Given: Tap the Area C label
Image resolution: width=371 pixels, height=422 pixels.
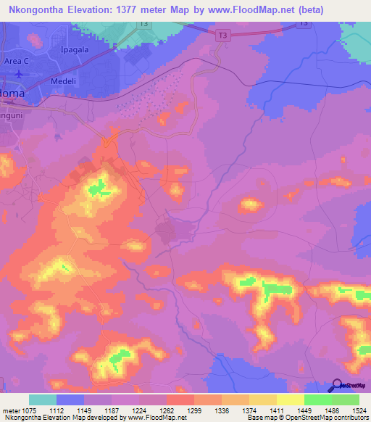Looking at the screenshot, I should click(18, 61).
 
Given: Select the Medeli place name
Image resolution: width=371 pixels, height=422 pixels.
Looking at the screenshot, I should click(63, 81).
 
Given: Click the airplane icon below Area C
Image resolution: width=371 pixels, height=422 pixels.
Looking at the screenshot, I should click(20, 73).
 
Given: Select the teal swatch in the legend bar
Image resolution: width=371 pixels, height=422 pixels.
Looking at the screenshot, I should click(43, 400).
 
